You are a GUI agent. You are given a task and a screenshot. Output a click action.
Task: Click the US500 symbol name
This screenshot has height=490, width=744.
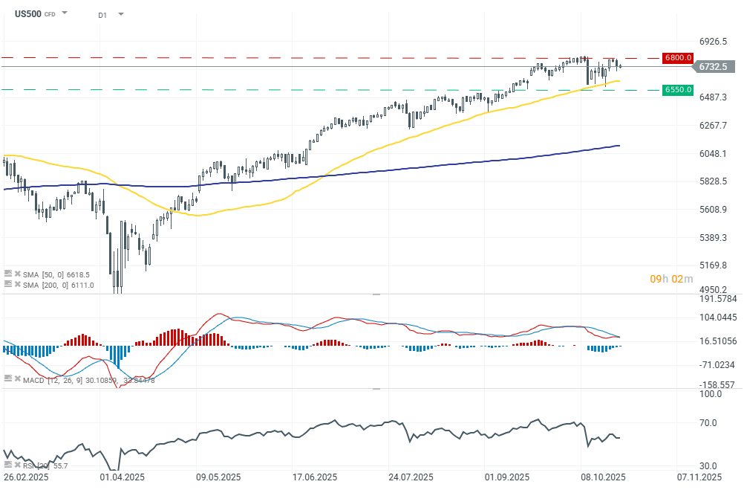(28, 13)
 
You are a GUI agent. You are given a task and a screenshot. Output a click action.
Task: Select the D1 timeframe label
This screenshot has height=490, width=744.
(102, 14)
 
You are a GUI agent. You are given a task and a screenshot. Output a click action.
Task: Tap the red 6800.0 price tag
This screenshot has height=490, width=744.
(679, 57)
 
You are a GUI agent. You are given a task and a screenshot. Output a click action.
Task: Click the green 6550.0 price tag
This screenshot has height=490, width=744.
(679, 90)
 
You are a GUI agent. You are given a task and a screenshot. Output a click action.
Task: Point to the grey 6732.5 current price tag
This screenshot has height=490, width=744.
(713, 67)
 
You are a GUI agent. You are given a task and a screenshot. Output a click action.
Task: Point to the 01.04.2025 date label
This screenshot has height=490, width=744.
(121, 477)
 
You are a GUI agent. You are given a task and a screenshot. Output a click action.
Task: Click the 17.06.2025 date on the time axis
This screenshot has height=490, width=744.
(315, 477)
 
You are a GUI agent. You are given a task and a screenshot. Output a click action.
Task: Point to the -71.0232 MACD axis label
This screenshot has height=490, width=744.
(717, 365)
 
